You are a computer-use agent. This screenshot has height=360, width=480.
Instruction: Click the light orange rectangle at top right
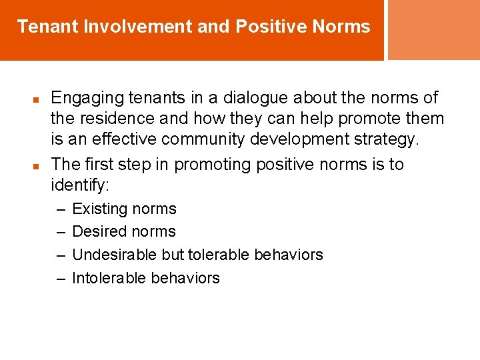(x=434, y=29)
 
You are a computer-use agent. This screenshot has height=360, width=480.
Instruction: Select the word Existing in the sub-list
(x=99, y=209)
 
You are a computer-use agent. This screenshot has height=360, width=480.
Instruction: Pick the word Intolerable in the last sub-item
(x=109, y=278)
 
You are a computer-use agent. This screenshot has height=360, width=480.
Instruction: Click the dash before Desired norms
(x=59, y=232)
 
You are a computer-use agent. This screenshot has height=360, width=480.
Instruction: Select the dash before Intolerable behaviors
(x=59, y=278)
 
